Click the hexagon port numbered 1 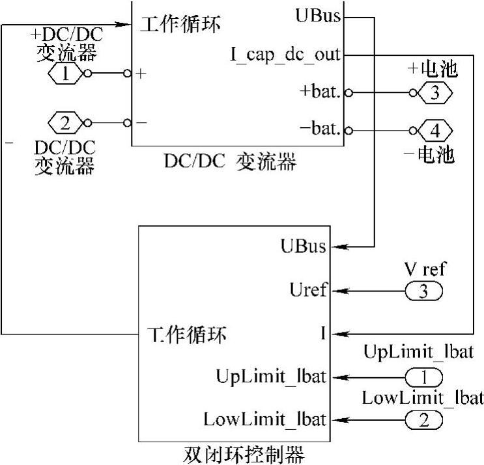tap(65, 73)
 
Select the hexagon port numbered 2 tap(65, 122)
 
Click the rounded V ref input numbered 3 tap(423, 291)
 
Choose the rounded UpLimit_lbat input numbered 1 tap(423, 377)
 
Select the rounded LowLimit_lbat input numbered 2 tap(423, 420)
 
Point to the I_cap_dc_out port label tap(285, 54)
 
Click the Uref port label tap(309, 291)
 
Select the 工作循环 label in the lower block tap(185, 335)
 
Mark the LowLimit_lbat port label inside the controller tap(264, 419)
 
